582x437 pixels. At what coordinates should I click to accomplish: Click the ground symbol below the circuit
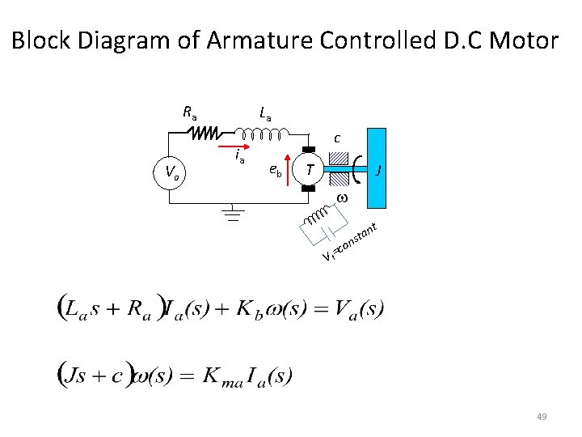click(233, 215)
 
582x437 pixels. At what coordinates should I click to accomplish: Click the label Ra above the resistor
click(190, 112)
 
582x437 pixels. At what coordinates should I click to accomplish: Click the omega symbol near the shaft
click(341, 199)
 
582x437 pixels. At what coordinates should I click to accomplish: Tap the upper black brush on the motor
click(307, 149)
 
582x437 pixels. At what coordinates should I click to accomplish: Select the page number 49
click(542, 417)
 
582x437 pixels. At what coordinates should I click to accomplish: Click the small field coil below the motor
click(317, 216)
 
